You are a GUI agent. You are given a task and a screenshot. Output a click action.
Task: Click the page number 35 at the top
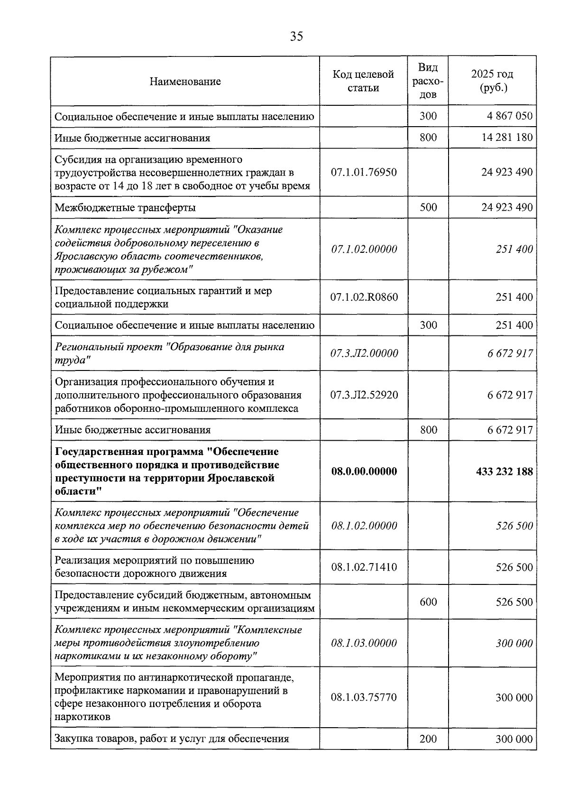click(x=296, y=37)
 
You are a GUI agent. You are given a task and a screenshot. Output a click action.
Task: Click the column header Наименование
click(x=185, y=82)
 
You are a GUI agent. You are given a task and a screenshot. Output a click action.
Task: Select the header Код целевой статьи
click(x=363, y=81)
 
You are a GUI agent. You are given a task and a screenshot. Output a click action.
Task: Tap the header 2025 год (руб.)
click(x=492, y=81)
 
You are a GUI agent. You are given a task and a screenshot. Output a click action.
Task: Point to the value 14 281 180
click(x=507, y=138)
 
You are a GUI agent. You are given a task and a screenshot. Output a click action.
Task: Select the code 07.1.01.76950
click(x=364, y=172)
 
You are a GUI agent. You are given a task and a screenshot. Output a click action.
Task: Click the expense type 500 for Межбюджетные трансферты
click(x=428, y=207)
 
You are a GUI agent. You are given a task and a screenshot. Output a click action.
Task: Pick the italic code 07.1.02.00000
click(x=364, y=250)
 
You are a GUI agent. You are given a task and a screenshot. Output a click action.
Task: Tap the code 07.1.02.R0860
click(x=364, y=297)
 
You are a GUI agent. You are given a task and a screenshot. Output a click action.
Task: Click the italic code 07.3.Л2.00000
click(x=364, y=353)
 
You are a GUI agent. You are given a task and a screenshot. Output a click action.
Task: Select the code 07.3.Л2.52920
click(x=364, y=395)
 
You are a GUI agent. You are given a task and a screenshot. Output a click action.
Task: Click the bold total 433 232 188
click(x=504, y=472)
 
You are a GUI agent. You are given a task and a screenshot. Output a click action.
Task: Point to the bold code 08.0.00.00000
click(x=364, y=472)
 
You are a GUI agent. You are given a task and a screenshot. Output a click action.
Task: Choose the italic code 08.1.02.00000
click(x=364, y=526)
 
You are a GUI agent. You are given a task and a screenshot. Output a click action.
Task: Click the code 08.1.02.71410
click(x=364, y=567)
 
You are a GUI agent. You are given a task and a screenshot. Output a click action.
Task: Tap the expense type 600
click(x=428, y=602)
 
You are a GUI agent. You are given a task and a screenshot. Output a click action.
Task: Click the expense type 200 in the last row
click(x=428, y=739)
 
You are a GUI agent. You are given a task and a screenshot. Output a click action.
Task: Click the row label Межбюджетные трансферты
click(x=125, y=208)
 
